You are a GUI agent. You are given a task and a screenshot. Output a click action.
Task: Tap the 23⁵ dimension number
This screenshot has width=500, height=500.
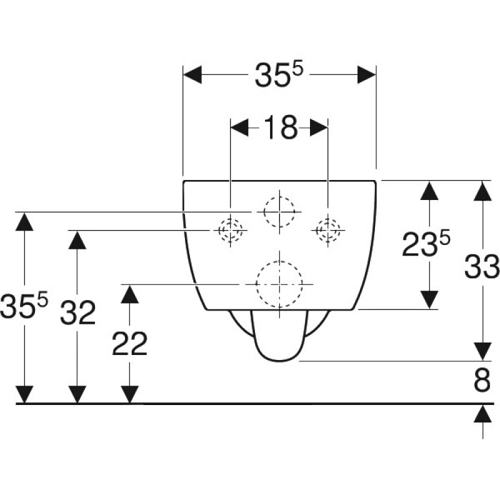[426, 243]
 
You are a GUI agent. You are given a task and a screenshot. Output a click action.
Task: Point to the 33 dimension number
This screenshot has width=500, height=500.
[481, 267]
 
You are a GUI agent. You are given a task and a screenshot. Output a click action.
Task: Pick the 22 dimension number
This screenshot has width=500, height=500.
[130, 343]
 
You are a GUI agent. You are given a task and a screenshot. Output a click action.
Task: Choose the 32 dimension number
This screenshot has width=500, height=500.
[77, 312]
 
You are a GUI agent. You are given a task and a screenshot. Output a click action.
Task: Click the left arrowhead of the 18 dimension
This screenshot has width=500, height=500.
[239, 127]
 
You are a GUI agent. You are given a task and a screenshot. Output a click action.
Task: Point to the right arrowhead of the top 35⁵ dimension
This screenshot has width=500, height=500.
[367, 74]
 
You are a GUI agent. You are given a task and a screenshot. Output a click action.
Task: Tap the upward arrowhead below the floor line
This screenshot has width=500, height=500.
[482, 414]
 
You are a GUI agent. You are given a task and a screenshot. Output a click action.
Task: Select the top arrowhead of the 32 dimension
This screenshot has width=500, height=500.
[77, 240]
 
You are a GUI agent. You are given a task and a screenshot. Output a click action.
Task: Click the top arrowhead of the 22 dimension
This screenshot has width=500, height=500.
[130, 294]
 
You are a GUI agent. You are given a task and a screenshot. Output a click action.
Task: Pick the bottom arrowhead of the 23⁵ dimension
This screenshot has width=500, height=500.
[429, 300]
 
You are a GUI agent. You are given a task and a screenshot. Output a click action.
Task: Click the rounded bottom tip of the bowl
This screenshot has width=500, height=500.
[279, 361]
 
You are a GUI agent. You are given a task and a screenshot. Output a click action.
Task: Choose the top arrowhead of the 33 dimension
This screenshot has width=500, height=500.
[482, 191]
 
